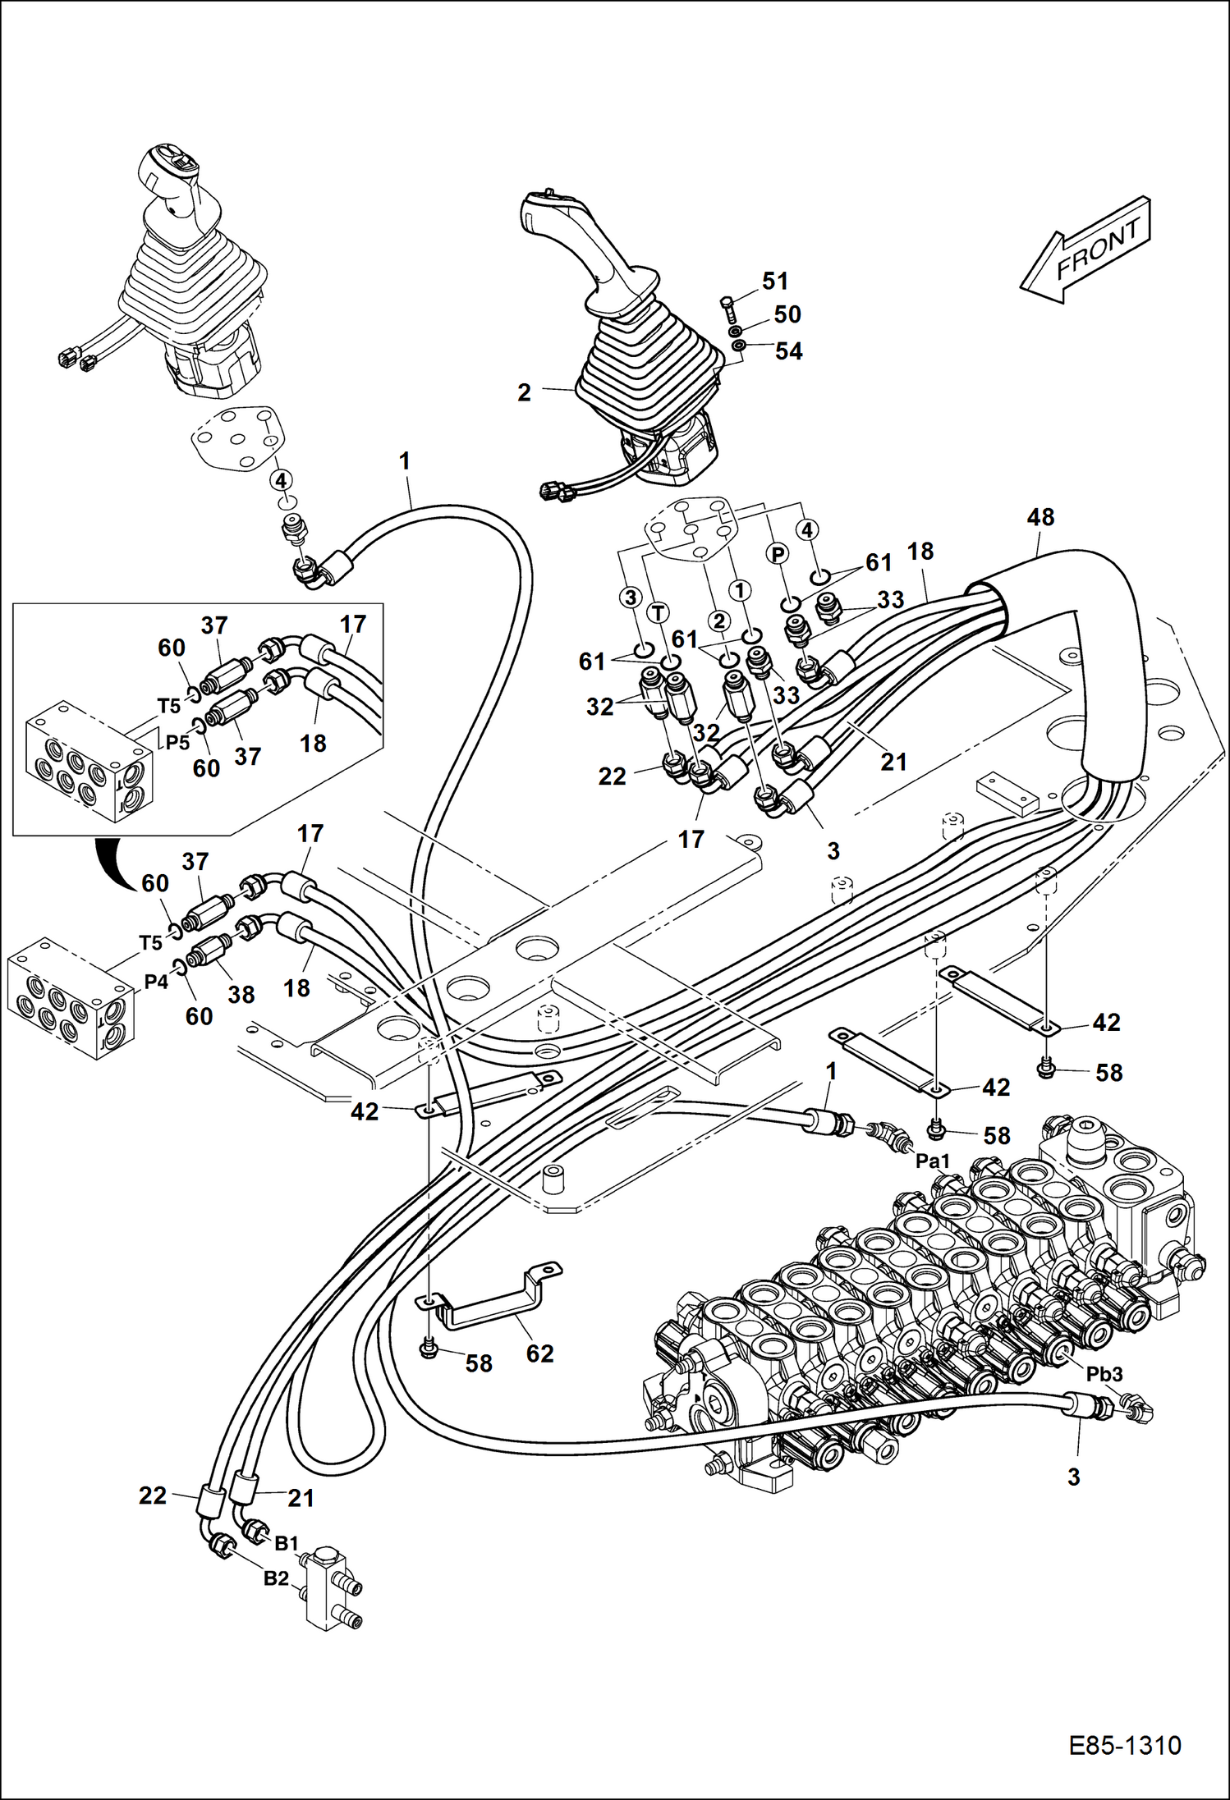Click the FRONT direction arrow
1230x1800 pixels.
(1088, 249)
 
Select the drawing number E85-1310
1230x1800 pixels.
(1124, 1745)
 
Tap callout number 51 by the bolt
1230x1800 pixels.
(775, 281)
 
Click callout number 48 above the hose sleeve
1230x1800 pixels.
(1040, 517)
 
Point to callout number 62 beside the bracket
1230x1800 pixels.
(540, 1353)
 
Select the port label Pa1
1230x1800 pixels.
(933, 1161)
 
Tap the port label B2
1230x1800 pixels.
(276, 1578)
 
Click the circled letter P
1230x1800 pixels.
(777, 554)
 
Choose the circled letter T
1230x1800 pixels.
(659, 611)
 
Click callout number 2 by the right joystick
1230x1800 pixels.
(525, 392)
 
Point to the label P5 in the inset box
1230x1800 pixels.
(177, 742)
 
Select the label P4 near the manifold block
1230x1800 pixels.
(156, 982)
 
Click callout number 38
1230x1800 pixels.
(241, 995)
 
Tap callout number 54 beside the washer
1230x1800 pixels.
(788, 351)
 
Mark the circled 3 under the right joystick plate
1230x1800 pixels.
(630, 598)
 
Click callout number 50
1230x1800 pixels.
(787, 314)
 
